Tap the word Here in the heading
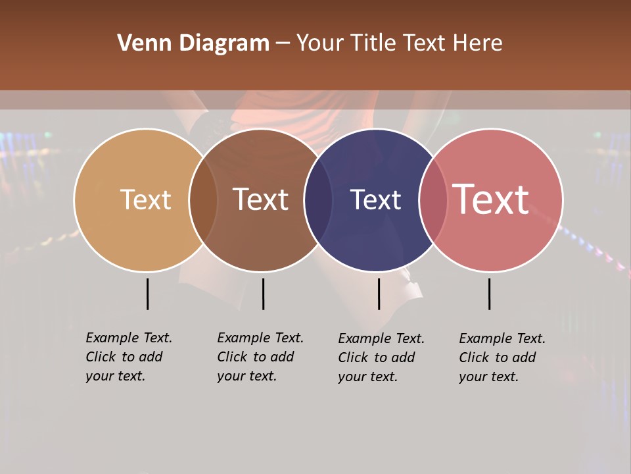(x=478, y=43)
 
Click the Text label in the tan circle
(x=145, y=199)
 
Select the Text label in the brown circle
(x=260, y=199)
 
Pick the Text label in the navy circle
(x=375, y=199)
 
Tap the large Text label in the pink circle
(x=491, y=199)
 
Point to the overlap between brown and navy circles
(x=317, y=200)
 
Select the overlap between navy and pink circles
(x=432, y=200)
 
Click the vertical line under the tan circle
(x=148, y=294)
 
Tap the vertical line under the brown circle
(x=263, y=294)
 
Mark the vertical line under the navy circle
(x=379, y=294)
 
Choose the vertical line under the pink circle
(x=490, y=294)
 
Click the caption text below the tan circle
(x=128, y=357)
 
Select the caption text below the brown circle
(x=260, y=357)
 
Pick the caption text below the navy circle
(x=381, y=357)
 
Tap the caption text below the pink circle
(x=502, y=357)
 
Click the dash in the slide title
(x=283, y=44)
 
